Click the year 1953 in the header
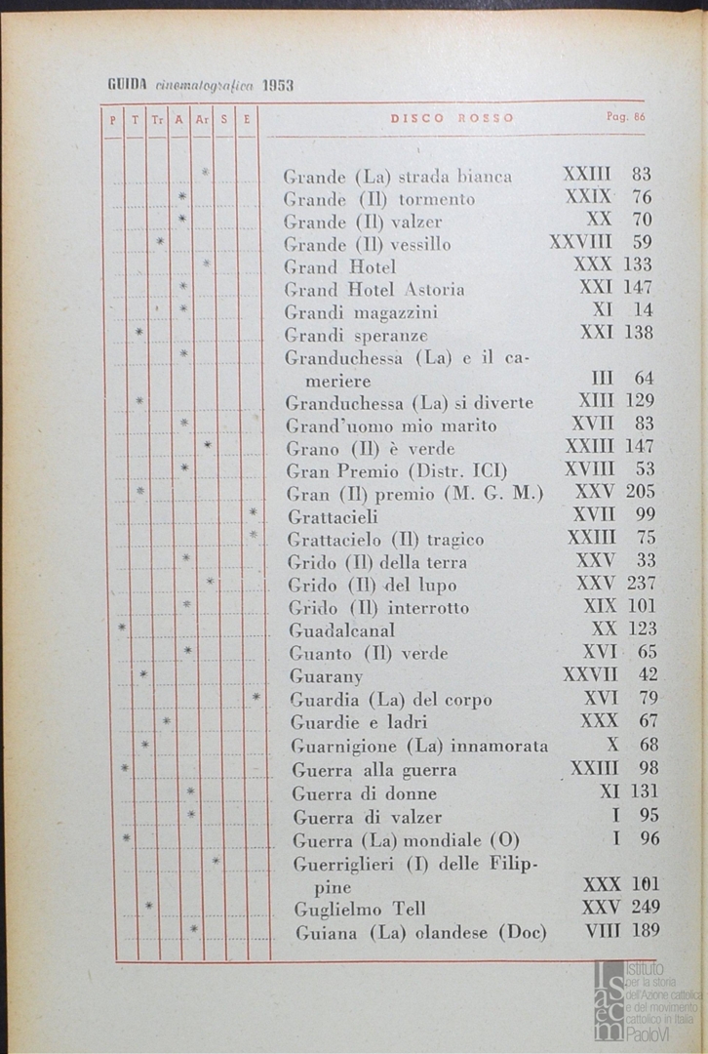tap(278, 85)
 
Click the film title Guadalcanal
tap(335, 629)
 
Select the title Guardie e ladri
tap(359, 722)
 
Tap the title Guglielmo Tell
tap(360, 910)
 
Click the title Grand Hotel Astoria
tap(374, 289)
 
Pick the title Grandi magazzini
tap(361, 312)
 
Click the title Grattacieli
tap(333, 516)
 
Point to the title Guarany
tap(326, 675)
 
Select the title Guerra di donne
tap(365, 793)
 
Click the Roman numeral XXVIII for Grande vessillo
tap(580, 242)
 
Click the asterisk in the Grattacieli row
tap(253, 512)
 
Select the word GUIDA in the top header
tap(127, 85)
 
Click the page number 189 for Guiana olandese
tap(641, 932)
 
